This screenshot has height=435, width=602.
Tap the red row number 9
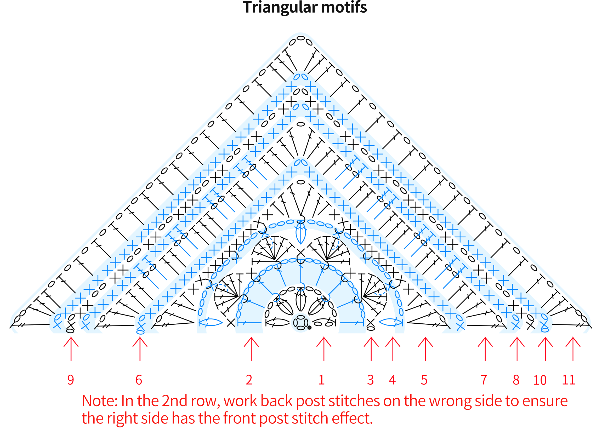click(71, 380)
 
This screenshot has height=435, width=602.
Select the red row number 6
click(139, 380)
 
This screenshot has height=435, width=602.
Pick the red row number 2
click(249, 380)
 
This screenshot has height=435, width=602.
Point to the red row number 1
click(321, 380)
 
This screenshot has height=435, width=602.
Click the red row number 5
click(424, 380)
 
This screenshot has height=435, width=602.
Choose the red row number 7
click(484, 380)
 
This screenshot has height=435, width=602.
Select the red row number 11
click(569, 380)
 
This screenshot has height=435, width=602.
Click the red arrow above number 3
click(371, 349)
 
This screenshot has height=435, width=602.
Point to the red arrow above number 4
click(393, 349)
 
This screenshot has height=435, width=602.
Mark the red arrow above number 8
click(517, 349)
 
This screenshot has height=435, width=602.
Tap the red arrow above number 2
click(251, 349)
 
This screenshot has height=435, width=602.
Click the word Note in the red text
click(98, 401)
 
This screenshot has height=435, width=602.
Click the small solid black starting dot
click(309, 328)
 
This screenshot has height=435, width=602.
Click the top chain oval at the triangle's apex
click(300, 38)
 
